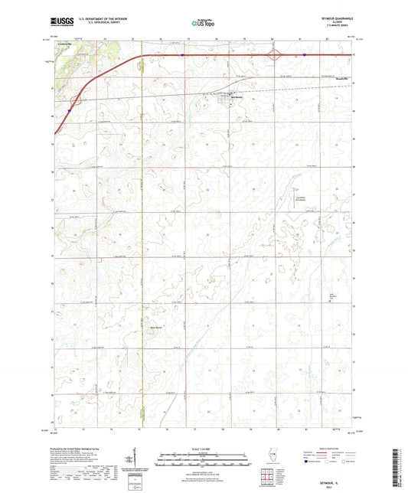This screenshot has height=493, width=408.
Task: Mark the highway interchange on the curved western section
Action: pos(75,100)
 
